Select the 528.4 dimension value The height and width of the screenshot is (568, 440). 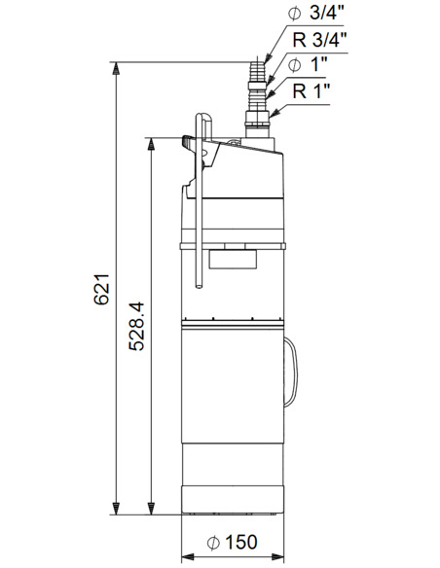pyautogui.click(x=137, y=325)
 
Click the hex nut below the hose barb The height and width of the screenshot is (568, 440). pyautogui.click(x=255, y=123)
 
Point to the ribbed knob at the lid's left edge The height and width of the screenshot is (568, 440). pyautogui.click(x=187, y=139)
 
